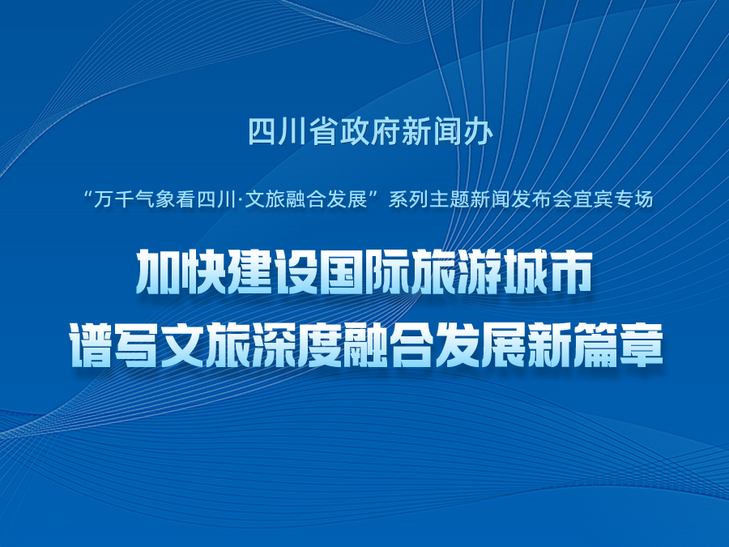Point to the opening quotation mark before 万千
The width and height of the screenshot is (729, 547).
click(87, 194)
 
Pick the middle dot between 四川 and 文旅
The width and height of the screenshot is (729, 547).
click(240, 200)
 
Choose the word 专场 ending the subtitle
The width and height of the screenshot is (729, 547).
click(634, 200)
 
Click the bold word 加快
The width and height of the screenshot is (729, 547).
click(181, 272)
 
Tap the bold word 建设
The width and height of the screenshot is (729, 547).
click(272, 272)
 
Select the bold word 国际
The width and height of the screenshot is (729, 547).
click(363, 272)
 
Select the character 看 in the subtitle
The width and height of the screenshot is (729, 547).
click(188, 200)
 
